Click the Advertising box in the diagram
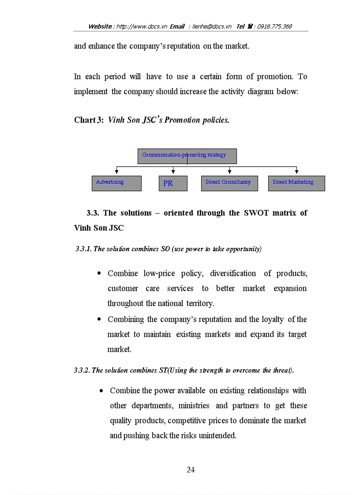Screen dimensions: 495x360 [x=116, y=183]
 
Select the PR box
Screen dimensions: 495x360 [x=173, y=183]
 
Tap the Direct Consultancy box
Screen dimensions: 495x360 [x=229, y=183]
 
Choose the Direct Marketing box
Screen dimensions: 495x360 [x=296, y=183]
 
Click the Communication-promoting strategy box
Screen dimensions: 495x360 [x=187, y=156]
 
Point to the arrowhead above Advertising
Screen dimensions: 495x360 [x=116, y=171]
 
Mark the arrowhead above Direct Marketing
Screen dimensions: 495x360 [x=296, y=171]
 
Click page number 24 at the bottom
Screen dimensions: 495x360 [x=191, y=470]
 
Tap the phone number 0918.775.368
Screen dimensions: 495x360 [x=274, y=26]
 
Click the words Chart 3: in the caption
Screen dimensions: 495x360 [x=89, y=120]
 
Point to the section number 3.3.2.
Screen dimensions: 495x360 [x=82, y=370]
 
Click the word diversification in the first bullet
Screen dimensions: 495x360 [x=233, y=273]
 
